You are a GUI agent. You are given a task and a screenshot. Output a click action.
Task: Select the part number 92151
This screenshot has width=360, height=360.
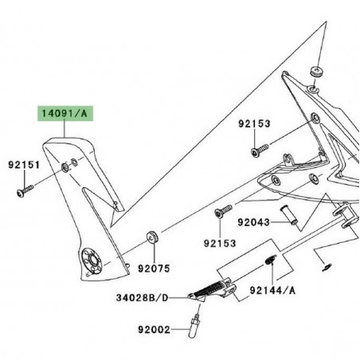click(24, 166)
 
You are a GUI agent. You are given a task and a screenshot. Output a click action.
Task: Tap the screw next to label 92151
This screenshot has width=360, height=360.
click(22, 190)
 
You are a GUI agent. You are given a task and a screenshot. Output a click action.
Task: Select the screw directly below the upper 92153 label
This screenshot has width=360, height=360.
click(258, 149)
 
